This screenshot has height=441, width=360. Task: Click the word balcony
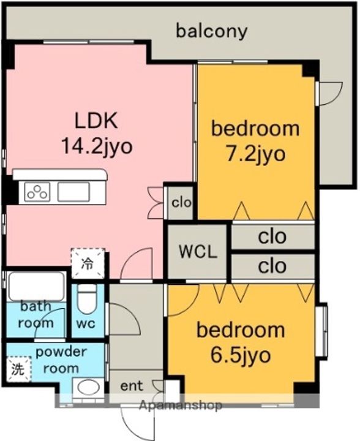pos(211,31)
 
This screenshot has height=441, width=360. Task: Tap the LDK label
pos(96,121)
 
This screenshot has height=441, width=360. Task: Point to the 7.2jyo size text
pos(255,154)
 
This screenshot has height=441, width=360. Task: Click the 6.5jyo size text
pos(240,356)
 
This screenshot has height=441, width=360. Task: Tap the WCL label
pos(198,252)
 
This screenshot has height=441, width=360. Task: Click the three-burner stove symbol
pos(37,192)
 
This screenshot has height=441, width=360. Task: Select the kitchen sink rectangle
pos(73,192)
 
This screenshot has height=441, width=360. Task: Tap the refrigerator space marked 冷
pos(88,263)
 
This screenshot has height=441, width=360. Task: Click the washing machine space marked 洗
pos(18,369)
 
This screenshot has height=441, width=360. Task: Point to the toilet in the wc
pos(86,299)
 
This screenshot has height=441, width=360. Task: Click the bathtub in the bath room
pos(36,286)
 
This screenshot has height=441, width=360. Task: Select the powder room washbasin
pos(88,388)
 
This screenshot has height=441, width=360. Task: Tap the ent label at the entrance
pos(132,386)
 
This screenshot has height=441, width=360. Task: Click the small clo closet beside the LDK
pos(181,203)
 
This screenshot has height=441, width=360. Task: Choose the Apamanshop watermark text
pos(181,405)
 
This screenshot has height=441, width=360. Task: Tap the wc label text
pos(86,324)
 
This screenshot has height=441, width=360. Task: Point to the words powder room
pos(61,360)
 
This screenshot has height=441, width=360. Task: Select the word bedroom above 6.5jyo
pos(241,330)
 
